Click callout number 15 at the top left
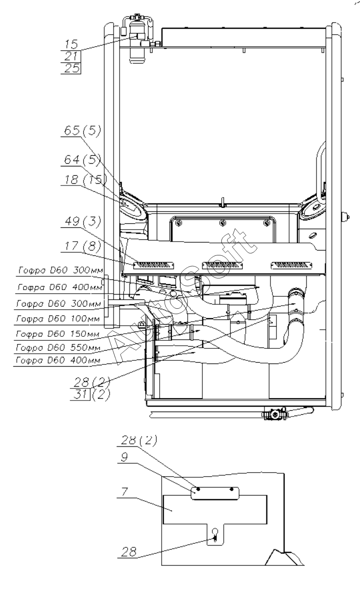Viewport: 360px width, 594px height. point(71,44)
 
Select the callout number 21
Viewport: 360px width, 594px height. point(71,56)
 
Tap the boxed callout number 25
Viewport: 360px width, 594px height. point(72,68)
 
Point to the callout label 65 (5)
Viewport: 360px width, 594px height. point(82,130)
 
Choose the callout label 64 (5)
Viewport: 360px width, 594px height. point(82,160)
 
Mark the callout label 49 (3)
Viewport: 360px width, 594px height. point(82,221)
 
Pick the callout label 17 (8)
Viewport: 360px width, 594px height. point(82,246)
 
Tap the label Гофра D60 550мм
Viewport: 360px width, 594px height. point(58,347)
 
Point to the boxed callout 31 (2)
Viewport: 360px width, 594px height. point(90,395)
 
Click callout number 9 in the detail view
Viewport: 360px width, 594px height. point(124,457)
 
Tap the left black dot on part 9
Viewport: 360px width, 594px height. point(198,489)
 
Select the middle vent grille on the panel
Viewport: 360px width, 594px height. point(222,265)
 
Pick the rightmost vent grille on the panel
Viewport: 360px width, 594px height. point(291,265)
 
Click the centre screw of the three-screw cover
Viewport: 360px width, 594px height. point(223,223)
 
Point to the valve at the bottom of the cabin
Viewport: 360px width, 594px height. point(275,414)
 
